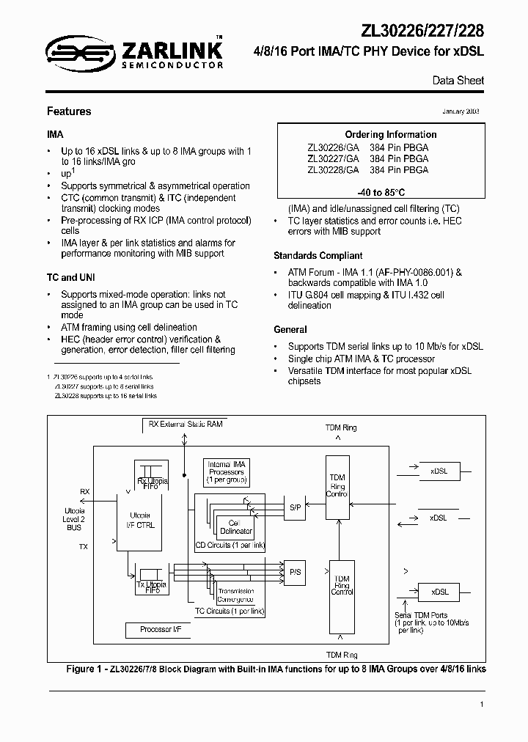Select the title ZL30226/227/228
point(422,30)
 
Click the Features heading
point(69,111)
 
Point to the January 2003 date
point(461,111)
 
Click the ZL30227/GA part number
point(333,158)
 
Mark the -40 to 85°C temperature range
point(380,192)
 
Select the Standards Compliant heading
point(318,256)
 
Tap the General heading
point(290,330)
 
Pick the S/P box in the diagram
point(294,507)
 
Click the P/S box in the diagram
point(294,571)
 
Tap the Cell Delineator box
point(235,526)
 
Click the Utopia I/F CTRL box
point(142,521)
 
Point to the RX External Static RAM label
point(186,424)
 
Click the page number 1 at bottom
point(482,704)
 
